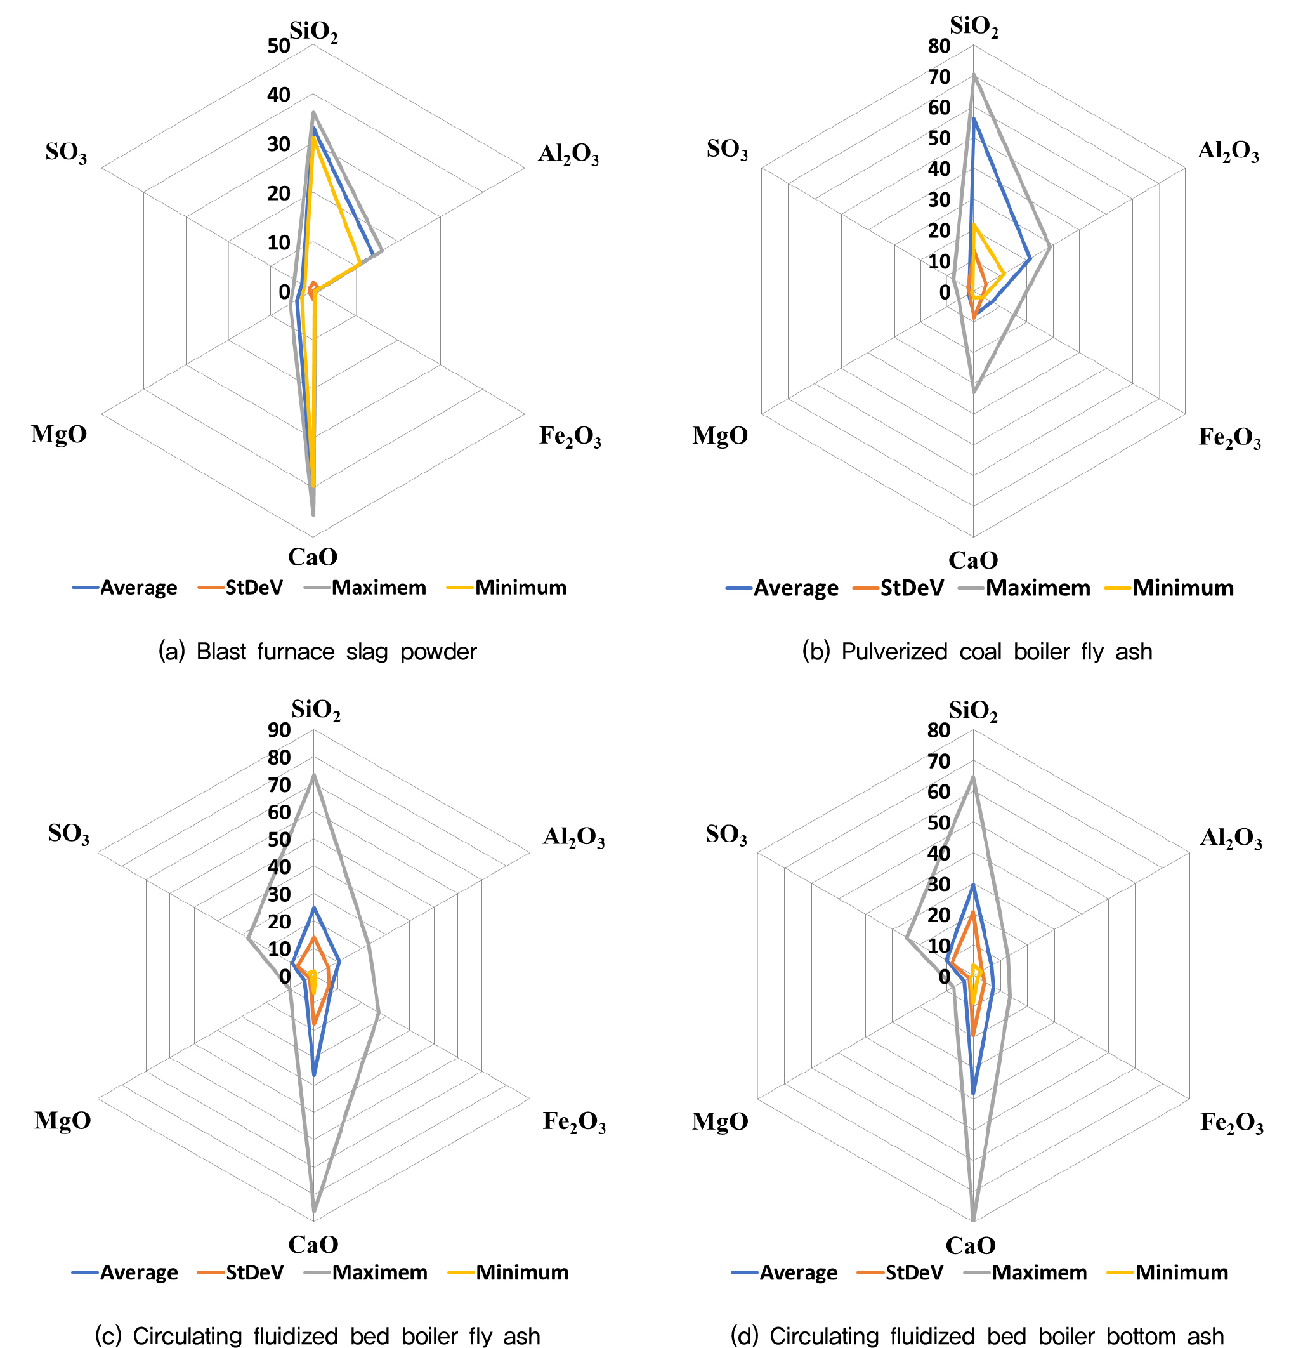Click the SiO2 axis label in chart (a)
313,32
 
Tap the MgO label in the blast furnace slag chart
59,435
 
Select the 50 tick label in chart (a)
279,46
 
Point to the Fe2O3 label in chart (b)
1230,437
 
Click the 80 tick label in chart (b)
939,46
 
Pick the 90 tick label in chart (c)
279,730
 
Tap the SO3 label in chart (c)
69,834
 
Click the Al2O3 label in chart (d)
1231,838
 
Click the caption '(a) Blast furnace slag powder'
317,651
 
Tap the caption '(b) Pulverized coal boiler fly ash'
977,651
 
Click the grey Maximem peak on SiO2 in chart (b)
974,76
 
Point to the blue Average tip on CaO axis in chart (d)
973,1093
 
